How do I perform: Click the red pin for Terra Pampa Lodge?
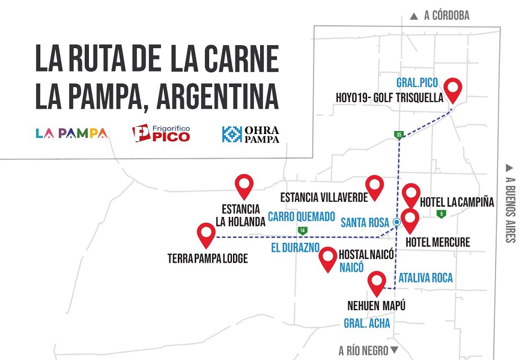[x=206, y=234]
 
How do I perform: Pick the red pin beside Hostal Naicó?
[x=328, y=258]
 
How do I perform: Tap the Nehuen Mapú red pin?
[x=377, y=282]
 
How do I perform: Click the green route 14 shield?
[x=302, y=231]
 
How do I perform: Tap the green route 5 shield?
[x=442, y=215]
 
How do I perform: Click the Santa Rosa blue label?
[x=365, y=222]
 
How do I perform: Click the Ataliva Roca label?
[x=425, y=278]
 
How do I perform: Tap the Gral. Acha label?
[x=367, y=323]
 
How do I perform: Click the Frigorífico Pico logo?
[x=161, y=133]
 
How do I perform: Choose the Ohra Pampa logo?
[x=250, y=133]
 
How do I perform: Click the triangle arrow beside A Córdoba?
[x=414, y=16]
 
